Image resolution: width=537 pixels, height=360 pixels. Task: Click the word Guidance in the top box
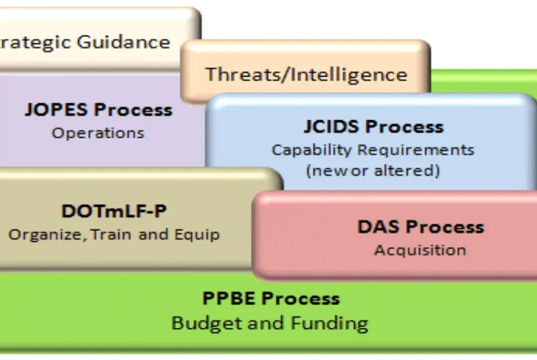124,43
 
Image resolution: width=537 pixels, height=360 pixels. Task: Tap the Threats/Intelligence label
306,75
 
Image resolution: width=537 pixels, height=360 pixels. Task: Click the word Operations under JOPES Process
98,133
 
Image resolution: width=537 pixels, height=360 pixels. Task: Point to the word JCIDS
332,127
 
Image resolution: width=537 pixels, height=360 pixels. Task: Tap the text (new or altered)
373,170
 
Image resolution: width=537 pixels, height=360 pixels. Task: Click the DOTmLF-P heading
114,211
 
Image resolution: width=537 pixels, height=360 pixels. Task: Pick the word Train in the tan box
111,234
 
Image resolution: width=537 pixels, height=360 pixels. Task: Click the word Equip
197,235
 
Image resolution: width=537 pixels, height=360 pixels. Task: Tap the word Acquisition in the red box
420,250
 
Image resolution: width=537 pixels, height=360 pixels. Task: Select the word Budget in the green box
207,323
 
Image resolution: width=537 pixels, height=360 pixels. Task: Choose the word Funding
330,323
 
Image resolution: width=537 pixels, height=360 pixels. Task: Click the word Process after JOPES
133,109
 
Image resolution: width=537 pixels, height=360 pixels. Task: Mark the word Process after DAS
445,227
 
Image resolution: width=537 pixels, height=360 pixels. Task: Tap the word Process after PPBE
301,298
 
